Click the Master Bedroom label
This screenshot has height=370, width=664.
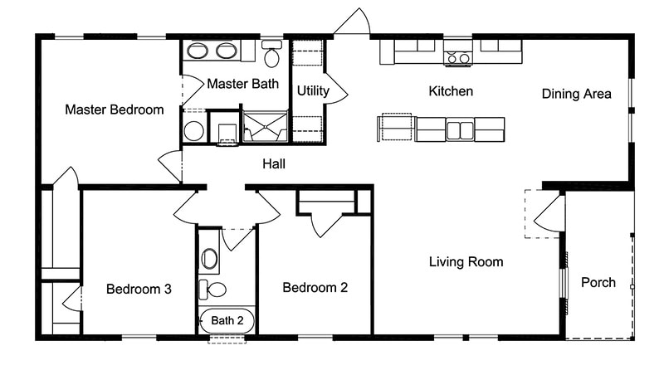point(115,110)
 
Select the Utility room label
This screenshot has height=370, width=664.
point(313,90)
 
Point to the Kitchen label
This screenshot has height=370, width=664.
point(451,90)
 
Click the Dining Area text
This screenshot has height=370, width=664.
point(577,94)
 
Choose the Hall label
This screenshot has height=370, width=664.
point(274,164)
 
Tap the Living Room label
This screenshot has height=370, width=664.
point(466,262)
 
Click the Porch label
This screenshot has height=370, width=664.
point(598,282)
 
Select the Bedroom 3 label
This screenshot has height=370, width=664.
point(139,290)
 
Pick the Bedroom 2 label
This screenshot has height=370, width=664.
point(315,288)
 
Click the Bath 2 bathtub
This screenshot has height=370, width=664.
point(227,320)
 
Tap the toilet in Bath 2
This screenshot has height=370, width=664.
point(213,290)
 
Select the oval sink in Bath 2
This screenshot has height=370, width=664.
point(210,259)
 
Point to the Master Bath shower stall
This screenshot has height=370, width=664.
point(265,129)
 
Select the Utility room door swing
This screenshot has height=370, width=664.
point(335,91)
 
